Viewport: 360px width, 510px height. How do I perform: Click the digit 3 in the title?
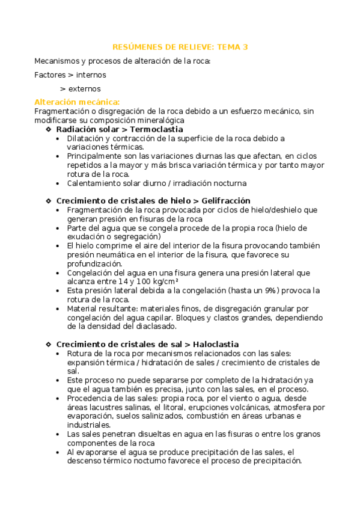245,47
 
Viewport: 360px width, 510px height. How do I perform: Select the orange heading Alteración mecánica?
77,102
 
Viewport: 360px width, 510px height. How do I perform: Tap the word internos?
91,75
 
